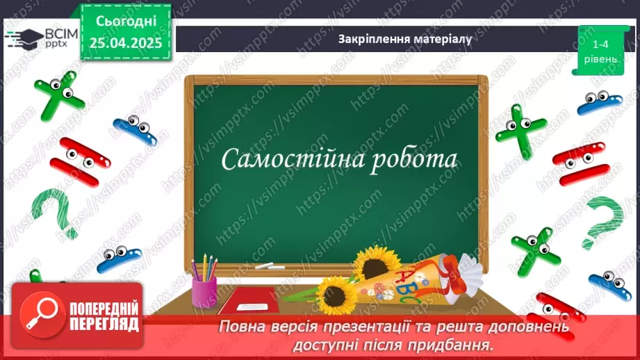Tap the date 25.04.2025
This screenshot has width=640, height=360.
pyautogui.click(x=126, y=43)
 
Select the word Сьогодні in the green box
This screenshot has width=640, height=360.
pyautogui.click(x=126, y=21)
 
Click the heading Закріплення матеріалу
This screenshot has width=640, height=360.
pyautogui.click(x=404, y=39)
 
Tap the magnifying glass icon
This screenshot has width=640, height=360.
pyautogui.click(x=39, y=315)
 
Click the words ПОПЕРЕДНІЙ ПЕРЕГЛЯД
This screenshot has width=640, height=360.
pyautogui.click(x=104, y=316)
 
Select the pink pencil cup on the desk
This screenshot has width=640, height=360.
pyautogui.click(x=204, y=288)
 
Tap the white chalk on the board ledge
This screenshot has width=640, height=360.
pyautogui.click(x=265, y=265)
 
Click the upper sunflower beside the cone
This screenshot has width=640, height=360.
pyautogui.click(x=377, y=262)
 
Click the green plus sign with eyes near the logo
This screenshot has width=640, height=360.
pyautogui.click(x=58, y=93)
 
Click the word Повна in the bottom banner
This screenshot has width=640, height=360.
pyautogui.click(x=243, y=327)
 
